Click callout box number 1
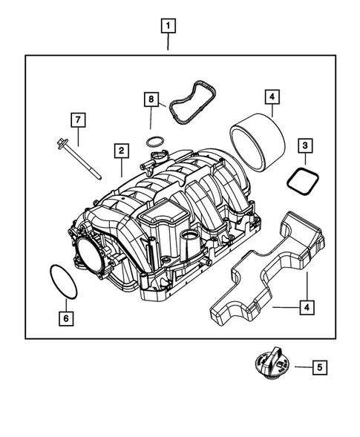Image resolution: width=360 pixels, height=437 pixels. (x=169, y=27)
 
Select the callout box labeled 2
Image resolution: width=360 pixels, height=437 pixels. (x=119, y=151)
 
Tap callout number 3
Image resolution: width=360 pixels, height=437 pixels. (x=305, y=147)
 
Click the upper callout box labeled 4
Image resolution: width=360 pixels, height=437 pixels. (x=272, y=97)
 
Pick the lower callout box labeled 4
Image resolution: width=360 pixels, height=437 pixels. (x=304, y=305)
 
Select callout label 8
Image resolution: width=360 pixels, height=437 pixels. (x=151, y=99)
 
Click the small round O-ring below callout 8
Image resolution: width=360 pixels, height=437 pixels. (x=154, y=141)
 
